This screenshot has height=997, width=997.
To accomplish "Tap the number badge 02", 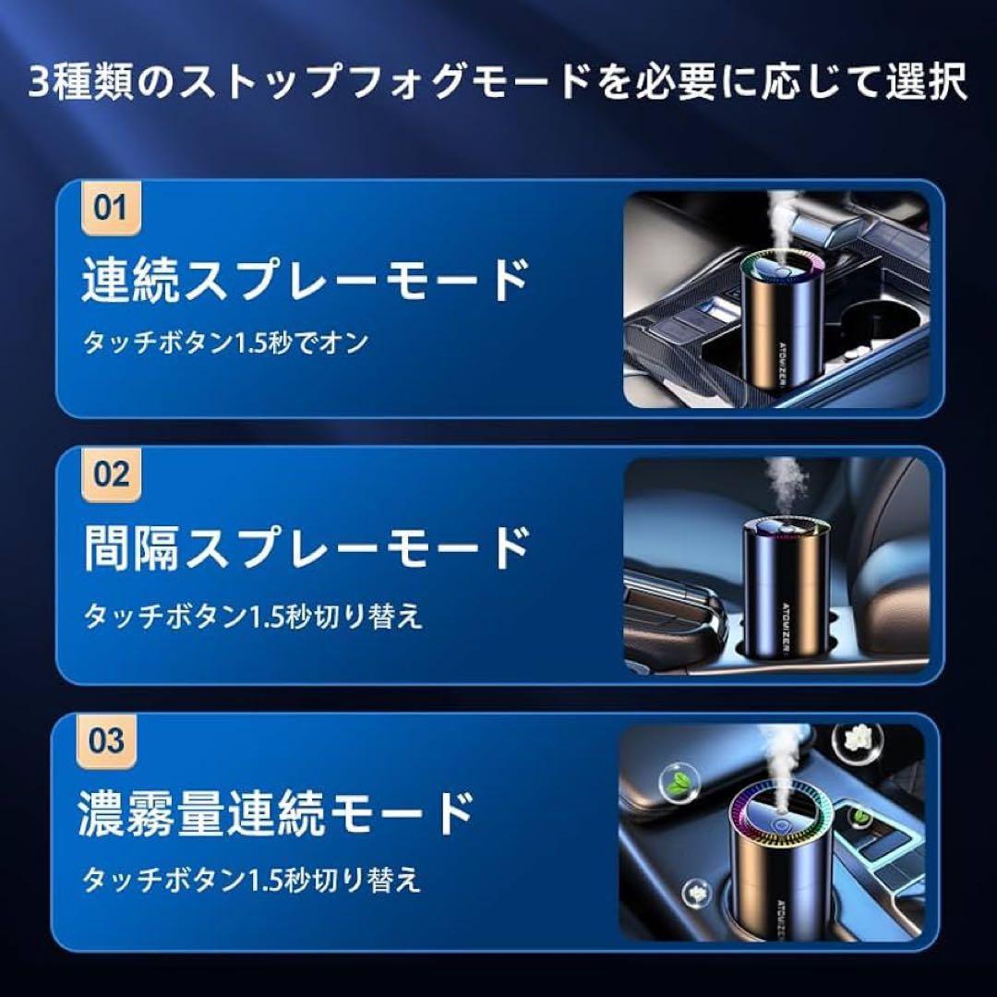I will pyautogui.click(x=111, y=476).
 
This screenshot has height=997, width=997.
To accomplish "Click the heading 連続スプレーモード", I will pyautogui.click(x=305, y=281).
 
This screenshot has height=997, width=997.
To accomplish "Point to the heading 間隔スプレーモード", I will pyautogui.click(x=305, y=547).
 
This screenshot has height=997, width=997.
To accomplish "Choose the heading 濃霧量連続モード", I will pyautogui.click(x=277, y=813).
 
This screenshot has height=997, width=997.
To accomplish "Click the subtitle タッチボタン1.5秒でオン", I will pyautogui.click(x=226, y=342).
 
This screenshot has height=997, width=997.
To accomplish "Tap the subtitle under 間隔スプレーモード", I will pyautogui.click(x=253, y=616).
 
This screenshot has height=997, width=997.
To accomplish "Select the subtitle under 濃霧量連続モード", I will pyautogui.click(x=253, y=880).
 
